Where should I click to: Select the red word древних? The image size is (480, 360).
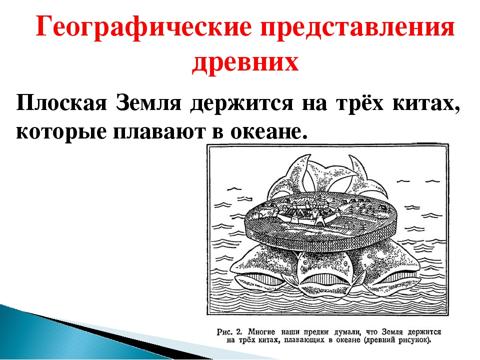coord(245,63)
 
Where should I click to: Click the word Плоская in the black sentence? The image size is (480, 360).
coord(61,102)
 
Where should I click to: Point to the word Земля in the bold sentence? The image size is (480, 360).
coord(148,102)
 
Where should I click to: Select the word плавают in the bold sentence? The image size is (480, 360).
coord(159,131)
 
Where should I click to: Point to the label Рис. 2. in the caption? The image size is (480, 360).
coord(229,332)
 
